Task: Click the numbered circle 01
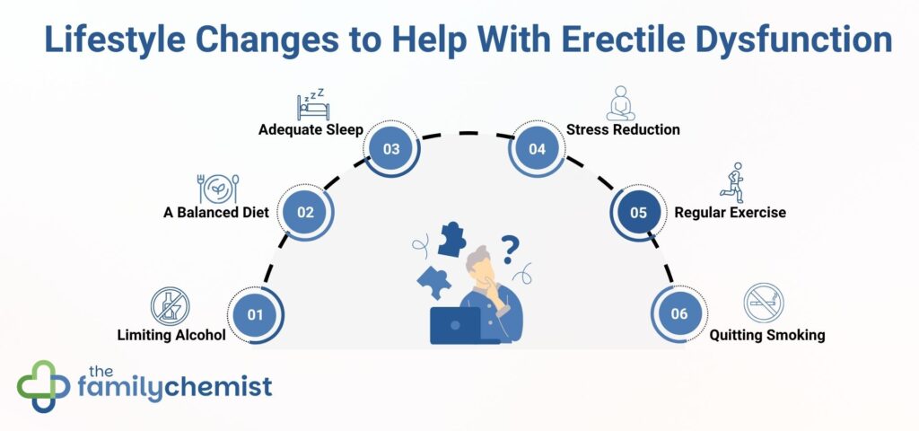click(x=255, y=315)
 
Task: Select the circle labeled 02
click(x=305, y=212)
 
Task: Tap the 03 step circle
click(x=391, y=149)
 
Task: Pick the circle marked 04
click(x=537, y=149)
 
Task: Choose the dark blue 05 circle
click(x=638, y=212)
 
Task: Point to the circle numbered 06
click(x=679, y=313)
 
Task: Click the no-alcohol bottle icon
click(x=170, y=305)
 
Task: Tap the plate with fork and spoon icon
click(x=218, y=189)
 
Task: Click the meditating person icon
click(x=620, y=104)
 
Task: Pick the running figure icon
click(x=732, y=182)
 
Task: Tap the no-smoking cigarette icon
click(x=764, y=303)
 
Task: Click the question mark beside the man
click(x=510, y=250)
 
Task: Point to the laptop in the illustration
click(x=456, y=325)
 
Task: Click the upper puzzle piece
click(x=452, y=239)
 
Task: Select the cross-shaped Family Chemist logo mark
click(x=43, y=386)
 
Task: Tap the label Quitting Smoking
click(x=767, y=336)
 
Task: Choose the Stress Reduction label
click(x=623, y=129)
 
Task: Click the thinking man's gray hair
click(x=479, y=258)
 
